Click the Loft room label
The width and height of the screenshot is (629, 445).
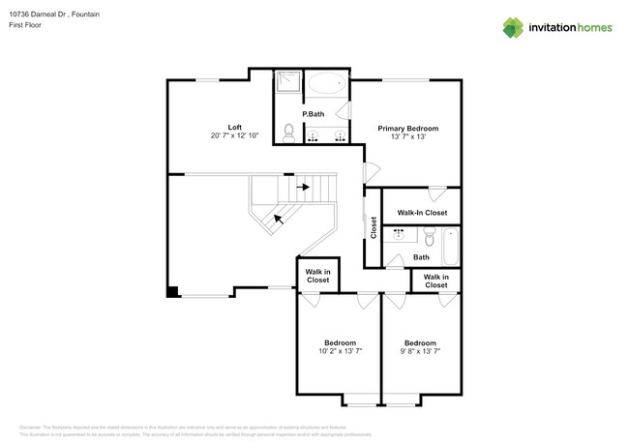234,127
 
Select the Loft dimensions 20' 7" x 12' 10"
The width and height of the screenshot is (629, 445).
234,136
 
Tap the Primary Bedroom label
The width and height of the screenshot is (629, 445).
407,128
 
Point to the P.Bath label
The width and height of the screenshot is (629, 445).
313,114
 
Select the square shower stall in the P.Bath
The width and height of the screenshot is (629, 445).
287,85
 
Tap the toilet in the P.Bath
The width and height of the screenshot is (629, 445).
288,132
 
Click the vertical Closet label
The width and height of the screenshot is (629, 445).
374,227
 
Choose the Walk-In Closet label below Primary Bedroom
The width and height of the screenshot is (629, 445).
422,213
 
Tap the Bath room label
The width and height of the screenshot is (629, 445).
421,257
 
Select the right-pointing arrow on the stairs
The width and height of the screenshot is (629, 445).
303,187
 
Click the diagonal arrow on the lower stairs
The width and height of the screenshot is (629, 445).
280,219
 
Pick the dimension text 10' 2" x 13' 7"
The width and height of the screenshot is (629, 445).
340,352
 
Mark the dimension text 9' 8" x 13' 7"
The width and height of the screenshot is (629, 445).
420,352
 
